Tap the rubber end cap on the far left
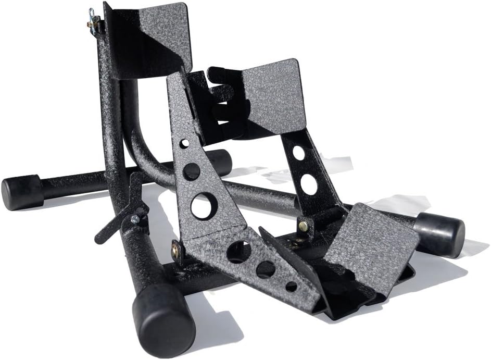click(x=21, y=192)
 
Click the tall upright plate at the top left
click(x=151, y=39)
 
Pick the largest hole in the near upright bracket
click(x=203, y=205)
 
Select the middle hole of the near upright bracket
click(x=192, y=171)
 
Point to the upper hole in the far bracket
click(x=298, y=153)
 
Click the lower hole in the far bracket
click(x=308, y=184)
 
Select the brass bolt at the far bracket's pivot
click(x=303, y=226)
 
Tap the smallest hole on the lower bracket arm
click(x=291, y=286)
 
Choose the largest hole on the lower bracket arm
click(x=238, y=252)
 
